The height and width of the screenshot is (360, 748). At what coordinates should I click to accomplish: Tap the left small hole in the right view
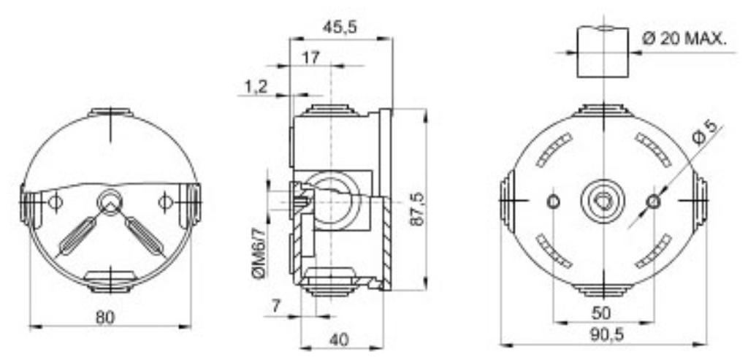(554, 200)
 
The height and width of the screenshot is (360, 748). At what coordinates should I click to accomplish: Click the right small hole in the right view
(653, 200)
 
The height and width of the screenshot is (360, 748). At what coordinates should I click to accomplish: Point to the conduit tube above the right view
(603, 52)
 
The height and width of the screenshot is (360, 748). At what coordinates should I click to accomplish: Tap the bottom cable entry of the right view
(603, 288)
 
